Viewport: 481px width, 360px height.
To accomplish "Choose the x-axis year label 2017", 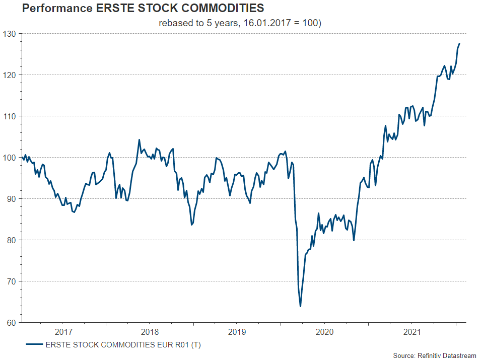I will click(63, 332).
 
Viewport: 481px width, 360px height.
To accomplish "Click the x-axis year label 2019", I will click(237, 332).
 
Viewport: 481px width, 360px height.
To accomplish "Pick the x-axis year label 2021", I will click(412, 332).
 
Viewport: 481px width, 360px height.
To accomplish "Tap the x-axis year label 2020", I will click(324, 332).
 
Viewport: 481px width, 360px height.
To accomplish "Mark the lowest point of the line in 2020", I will click(300, 306).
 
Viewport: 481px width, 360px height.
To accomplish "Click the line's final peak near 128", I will click(459, 44).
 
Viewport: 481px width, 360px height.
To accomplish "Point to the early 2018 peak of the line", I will click(139, 140).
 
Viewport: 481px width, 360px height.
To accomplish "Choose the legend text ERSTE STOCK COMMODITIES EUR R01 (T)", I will click(123, 345).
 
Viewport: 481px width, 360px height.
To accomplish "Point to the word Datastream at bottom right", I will click(459, 355).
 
